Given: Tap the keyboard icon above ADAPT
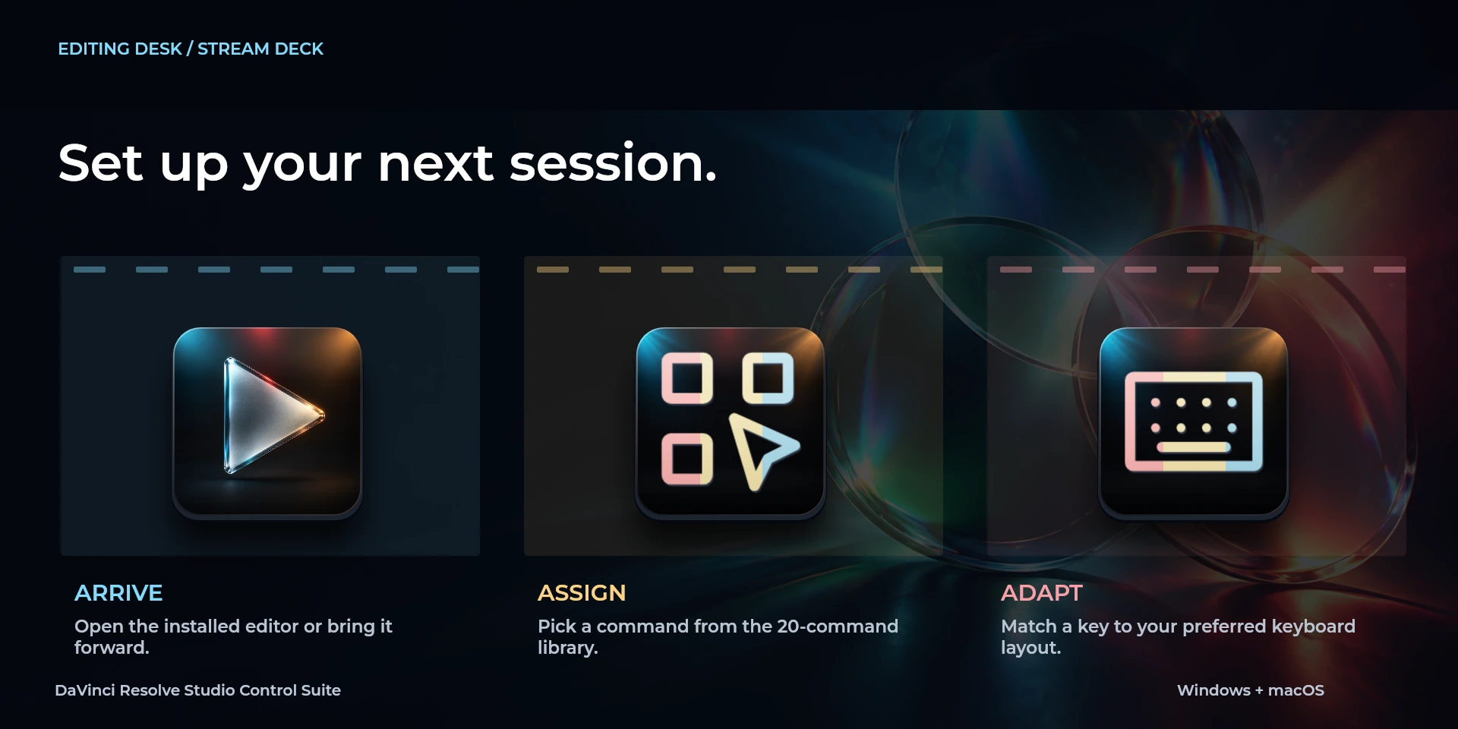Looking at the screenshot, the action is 1194,421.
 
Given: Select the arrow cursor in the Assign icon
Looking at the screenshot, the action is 761,450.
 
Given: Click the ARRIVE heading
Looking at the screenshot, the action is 118,593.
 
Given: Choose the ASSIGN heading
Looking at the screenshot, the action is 582,593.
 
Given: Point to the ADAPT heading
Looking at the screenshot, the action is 1042,593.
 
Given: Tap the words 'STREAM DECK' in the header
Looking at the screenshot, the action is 260,49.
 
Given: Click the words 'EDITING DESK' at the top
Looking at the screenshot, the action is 120,49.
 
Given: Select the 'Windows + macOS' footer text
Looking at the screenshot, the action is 1251,690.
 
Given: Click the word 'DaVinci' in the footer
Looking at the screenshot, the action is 85,690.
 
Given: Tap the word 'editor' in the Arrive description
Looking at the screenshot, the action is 271,626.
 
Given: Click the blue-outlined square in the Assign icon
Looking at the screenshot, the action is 768,377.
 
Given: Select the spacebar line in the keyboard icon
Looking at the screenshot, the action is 1193,447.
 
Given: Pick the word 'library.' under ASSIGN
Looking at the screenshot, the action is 568,648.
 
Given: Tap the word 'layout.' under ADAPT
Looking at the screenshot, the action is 1030,648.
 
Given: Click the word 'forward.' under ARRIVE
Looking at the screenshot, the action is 112,648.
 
